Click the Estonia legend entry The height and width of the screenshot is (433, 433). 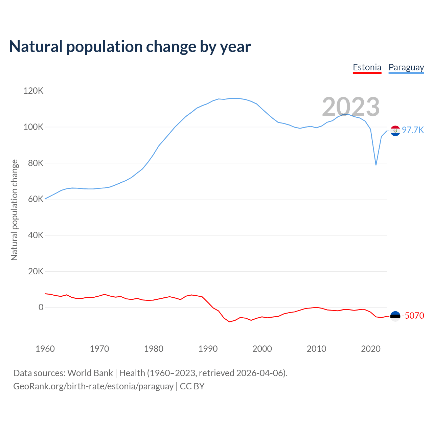click(367, 67)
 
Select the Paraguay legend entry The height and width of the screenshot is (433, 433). click(406, 67)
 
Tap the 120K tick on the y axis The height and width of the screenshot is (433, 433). click(33, 91)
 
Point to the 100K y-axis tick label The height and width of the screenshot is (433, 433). click(33, 127)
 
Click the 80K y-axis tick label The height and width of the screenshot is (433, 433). click(36, 163)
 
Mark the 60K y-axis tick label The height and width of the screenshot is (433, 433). click(36, 199)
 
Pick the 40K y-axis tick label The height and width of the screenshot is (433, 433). click(36, 235)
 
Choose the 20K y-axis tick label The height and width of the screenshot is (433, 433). click(36, 271)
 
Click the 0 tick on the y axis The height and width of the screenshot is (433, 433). click(41, 307)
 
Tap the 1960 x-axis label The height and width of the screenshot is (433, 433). click(45, 349)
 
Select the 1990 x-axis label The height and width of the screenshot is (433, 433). click(208, 349)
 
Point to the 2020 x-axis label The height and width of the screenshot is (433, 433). click(371, 349)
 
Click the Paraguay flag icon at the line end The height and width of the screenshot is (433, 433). click(395, 131)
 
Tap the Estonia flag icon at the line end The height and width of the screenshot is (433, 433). click(395, 316)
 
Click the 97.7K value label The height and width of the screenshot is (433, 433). click(413, 130)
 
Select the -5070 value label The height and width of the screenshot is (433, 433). click(413, 316)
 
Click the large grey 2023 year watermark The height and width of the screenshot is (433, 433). click(351, 107)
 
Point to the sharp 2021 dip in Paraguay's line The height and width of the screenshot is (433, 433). click(376, 165)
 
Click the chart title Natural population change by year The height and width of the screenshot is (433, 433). click(130, 47)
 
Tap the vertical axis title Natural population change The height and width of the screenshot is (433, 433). click(14, 210)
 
